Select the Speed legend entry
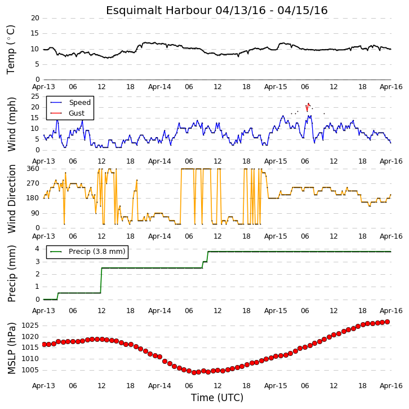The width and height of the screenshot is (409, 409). pyautogui.click(x=70, y=102)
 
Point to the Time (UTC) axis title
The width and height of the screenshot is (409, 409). pyautogui.click(x=217, y=398)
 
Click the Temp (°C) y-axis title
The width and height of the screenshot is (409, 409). pyautogui.click(x=11, y=50)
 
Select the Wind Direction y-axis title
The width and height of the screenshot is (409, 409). pyautogui.click(x=11, y=199)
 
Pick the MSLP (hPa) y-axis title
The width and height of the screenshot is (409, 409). pyautogui.click(x=11, y=349)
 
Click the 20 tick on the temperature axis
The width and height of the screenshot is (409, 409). pyautogui.click(x=35, y=18)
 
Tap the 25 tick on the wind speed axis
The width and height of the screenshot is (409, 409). pyautogui.click(x=35, y=96)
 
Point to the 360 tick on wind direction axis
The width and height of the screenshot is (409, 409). pyautogui.click(x=33, y=169)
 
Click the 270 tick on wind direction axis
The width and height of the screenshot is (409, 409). pyautogui.click(x=33, y=183)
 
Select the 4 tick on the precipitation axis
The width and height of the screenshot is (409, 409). pyautogui.click(x=37, y=249)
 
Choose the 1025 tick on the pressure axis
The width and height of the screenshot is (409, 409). pyautogui.click(x=30, y=326)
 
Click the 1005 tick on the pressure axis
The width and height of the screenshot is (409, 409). pyautogui.click(x=30, y=370)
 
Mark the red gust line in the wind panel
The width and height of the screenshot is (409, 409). pyautogui.click(x=308, y=107)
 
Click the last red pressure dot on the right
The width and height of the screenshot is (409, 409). pyautogui.click(x=388, y=322)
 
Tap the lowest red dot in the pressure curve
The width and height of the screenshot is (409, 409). pyautogui.click(x=194, y=373)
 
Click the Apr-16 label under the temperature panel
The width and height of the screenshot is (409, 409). pyautogui.click(x=391, y=87)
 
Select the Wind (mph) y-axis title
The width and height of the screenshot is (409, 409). pyautogui.click(x=11, y=124)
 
